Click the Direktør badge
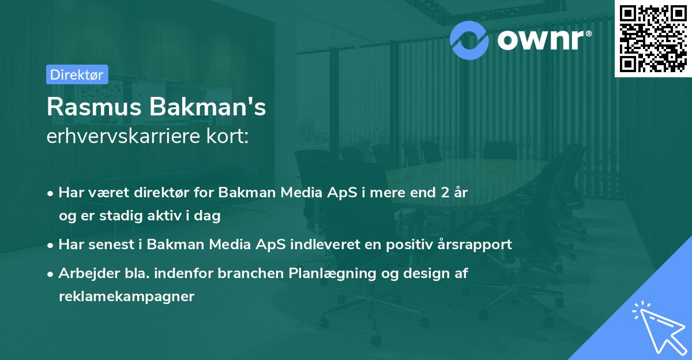tap(76, 74)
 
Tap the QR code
tap(653, 38)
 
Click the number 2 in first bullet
tap(443, 193)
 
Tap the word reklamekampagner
tap(127, 297)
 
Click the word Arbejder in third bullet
tap(83, 273)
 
